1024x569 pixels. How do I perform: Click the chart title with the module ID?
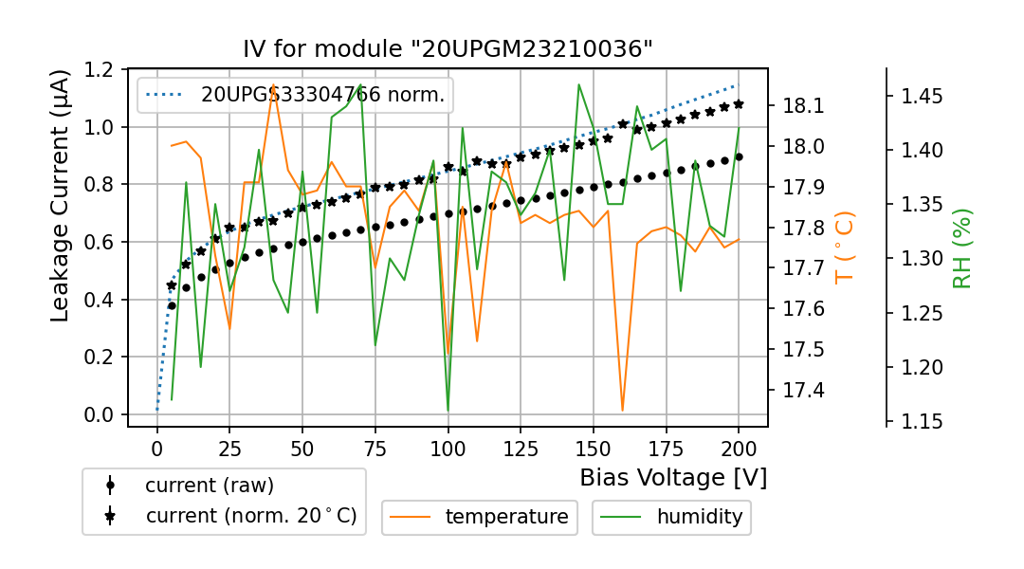coord(448,48)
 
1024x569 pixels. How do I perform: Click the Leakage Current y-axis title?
coord(61,195)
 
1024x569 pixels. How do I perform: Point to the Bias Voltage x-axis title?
coord(673,477)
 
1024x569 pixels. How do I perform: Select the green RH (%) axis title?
coord(962,248)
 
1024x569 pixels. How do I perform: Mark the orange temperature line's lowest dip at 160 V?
coord(623,410)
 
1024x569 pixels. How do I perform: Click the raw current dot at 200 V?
coord(739,156)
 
